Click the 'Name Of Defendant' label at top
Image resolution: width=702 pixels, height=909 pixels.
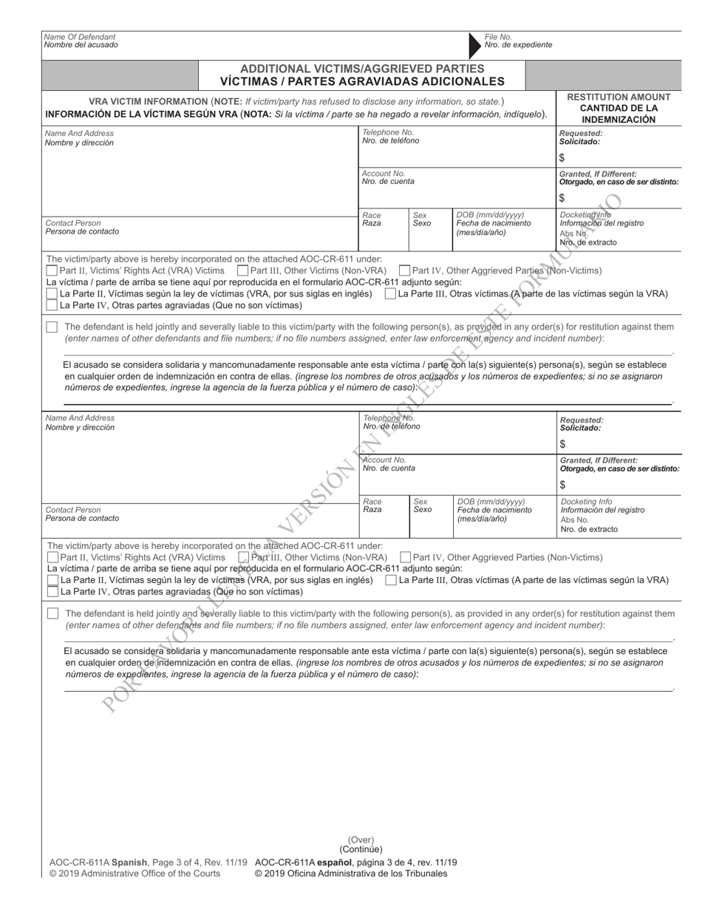pos(80,36)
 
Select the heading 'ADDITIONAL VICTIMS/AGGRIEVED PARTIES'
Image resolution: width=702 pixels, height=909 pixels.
pos(362,68)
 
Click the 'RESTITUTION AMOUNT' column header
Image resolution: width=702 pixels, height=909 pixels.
pos(618,97)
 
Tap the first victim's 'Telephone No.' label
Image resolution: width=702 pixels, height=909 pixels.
pos(388,132)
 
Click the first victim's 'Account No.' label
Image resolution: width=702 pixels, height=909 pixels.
pos(384,173)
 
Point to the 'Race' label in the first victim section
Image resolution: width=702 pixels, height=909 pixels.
pos(372,215)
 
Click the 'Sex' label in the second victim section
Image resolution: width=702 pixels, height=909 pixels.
pos(420,501)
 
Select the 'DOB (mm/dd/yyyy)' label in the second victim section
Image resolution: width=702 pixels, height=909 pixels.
pos(491,502)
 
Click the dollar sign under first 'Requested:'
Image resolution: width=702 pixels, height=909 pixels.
pos(562,157)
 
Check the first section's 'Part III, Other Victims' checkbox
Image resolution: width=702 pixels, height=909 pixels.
pos(243,271)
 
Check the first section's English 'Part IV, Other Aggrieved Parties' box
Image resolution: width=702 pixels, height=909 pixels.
pos(404,271)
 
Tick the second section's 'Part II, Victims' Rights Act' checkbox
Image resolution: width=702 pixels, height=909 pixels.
pos(52,557)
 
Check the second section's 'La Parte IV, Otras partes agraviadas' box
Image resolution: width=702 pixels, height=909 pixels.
pos(52,591)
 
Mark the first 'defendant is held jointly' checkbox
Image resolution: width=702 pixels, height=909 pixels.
pos(52,327)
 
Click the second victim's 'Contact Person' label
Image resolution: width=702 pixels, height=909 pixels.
pos(73,510)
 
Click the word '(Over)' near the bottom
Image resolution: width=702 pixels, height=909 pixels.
pos(361,840)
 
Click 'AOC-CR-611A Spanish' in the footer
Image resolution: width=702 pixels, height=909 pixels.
pos(99,862)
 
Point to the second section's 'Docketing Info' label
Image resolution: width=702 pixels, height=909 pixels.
pos(586,501)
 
